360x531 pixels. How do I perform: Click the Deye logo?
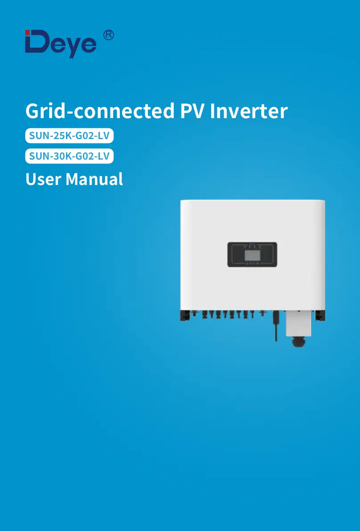[x=61, y=43]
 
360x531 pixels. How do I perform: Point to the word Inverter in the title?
[x=249, y=111]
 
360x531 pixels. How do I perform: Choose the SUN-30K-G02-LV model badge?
[x=70, y=156]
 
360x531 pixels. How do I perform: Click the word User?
[x=43, y=179]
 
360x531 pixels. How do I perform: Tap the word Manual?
[x=94, y=179]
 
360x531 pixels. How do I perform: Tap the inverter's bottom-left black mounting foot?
[x=184, y=315]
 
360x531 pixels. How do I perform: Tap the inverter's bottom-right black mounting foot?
[x=320, y=315]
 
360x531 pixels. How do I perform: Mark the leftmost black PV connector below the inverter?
[x=195, y=314]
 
